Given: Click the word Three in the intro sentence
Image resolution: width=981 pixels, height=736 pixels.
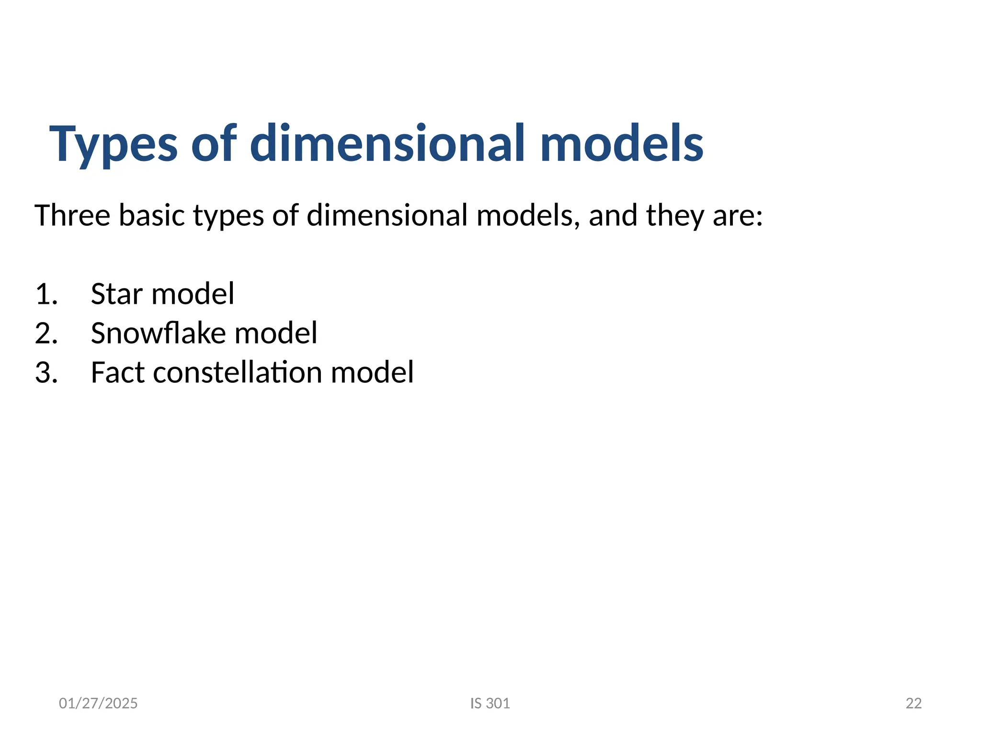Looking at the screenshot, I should (x=72, y=215).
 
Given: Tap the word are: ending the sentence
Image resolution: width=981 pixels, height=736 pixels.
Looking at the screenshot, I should (x=738, y=216).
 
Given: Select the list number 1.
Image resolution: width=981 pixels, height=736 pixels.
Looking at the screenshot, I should (x=46, y=294).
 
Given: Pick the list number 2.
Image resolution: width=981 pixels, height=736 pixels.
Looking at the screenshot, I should (x=46, y=333).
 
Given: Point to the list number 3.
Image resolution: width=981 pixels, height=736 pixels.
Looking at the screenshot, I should (x=46, y=372).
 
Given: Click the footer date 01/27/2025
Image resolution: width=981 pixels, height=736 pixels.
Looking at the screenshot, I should (x=98, y=703).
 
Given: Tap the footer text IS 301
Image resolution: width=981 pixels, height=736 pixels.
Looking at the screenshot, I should (x=490, y=703).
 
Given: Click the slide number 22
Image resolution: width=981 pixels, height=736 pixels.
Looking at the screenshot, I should (x=913, y=703).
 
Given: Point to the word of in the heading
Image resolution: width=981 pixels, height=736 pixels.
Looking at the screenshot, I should (x=214, y=144).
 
